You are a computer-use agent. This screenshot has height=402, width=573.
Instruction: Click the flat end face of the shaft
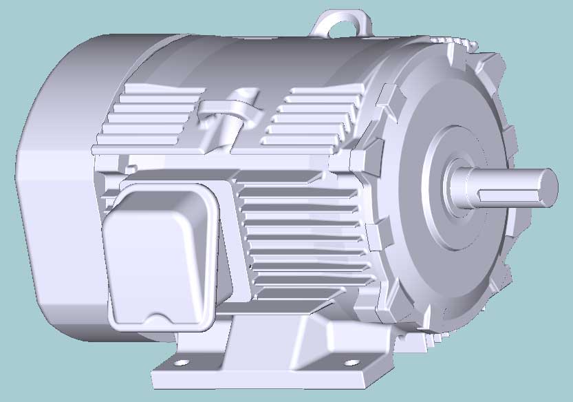[548, 187]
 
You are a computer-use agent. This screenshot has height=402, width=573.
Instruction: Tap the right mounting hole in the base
[351, 362]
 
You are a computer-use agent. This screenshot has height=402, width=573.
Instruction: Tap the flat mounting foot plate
[268, 375]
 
